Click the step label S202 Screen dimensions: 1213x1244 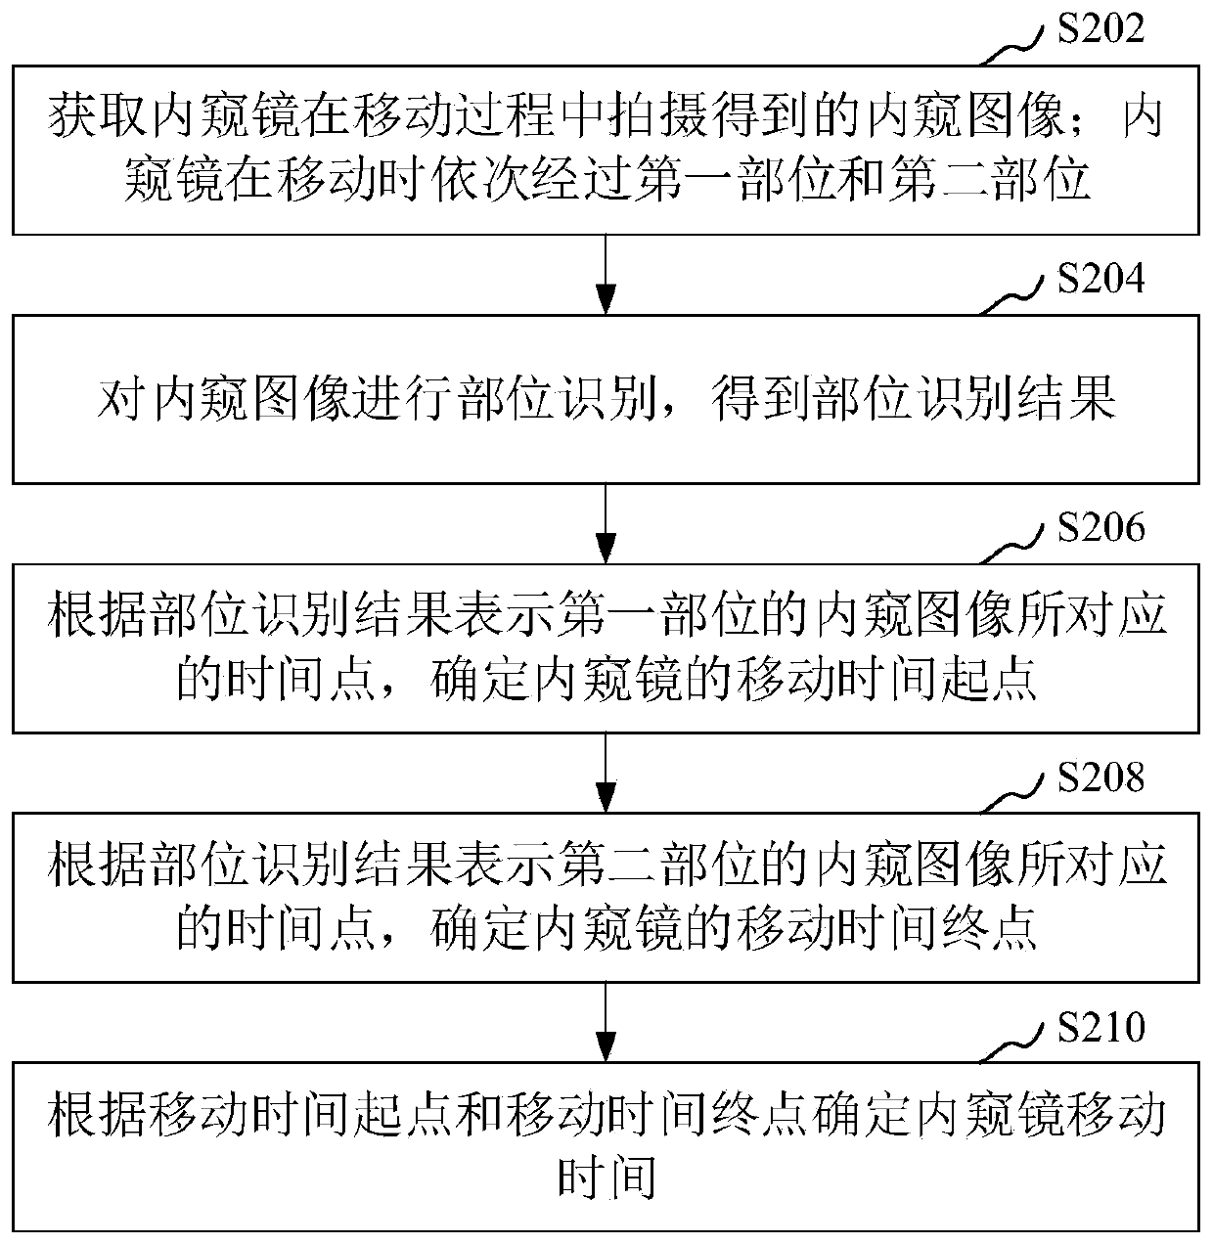[1101, 30]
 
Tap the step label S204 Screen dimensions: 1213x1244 [1101, 280]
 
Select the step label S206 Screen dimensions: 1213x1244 [1101, 528]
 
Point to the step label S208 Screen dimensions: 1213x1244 [1101, 778]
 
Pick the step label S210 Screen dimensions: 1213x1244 [1101, 1029]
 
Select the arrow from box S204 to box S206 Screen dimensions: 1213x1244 [606, 523]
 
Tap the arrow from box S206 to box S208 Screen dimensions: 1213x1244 [606, 773]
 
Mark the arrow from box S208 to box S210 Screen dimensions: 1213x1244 [606, 1022]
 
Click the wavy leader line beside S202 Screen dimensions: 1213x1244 [1017, 43]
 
